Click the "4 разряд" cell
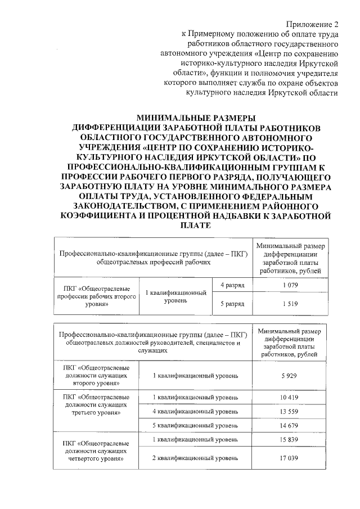232,286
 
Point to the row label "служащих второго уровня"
95,375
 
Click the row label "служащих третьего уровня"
95,405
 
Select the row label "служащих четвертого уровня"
95,451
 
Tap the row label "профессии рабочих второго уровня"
95,296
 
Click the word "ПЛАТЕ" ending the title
196,225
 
